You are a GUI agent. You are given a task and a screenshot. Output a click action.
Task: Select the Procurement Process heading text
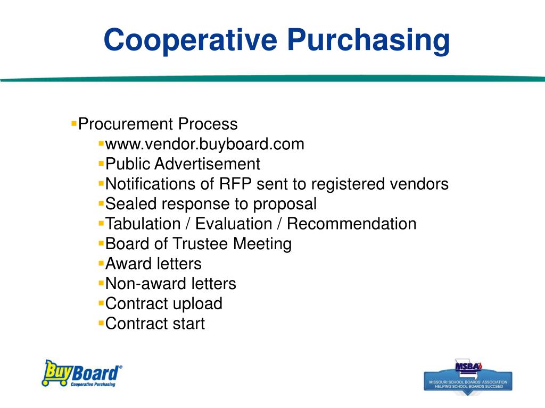(158, 124)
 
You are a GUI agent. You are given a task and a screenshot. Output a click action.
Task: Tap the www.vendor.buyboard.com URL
(205, 144)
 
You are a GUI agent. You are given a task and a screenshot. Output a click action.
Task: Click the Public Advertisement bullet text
(183, 164)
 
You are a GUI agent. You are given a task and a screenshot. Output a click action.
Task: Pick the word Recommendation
(351, 224)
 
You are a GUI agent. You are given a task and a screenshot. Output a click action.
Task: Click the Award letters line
(153, 263)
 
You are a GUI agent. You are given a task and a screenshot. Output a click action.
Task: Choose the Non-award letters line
(170, 284)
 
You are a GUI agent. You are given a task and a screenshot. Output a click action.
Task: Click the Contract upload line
(163, 303)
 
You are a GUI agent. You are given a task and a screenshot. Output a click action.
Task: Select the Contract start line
(155, 324)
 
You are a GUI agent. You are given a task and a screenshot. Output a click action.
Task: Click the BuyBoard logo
(82, 373)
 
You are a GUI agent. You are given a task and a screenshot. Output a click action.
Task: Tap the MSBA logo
(468, 375)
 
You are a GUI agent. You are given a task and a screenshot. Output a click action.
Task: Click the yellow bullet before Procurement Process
(74, 123)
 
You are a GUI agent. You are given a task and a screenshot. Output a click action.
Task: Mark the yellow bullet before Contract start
(101, 322)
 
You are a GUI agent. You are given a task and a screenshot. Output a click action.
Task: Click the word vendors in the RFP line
(418, 184)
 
